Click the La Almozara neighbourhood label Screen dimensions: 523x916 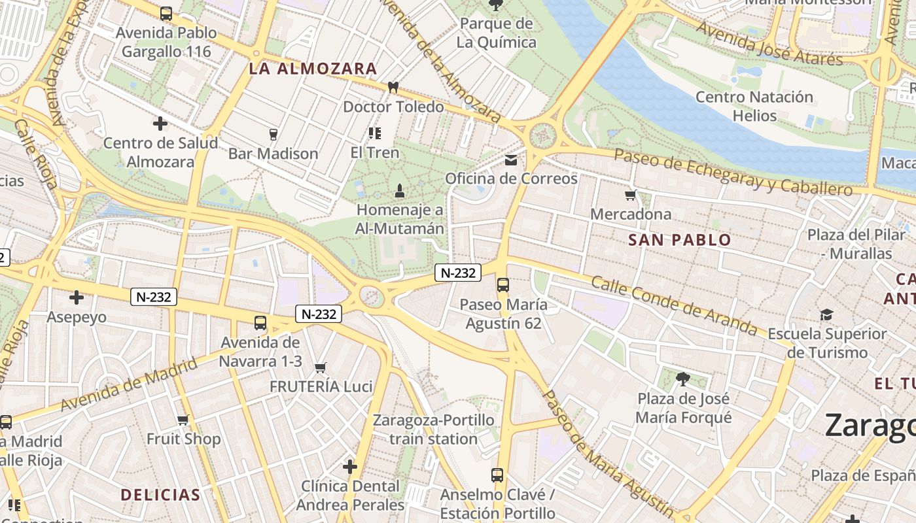point(313,69)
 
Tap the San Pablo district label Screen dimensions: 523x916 point(679,240)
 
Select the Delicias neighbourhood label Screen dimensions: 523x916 point(160,495)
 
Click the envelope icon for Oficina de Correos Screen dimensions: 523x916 point(511,160)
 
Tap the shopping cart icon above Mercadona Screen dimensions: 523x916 point(631,195)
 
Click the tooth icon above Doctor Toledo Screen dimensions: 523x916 point(393,88)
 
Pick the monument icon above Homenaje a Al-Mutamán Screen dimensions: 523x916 point(400,191)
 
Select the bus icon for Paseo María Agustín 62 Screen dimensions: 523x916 point(502,285)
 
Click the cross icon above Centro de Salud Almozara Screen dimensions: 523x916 point(160,124)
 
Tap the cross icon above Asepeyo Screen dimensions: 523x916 point(77,298)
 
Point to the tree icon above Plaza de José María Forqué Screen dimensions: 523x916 point(683,379)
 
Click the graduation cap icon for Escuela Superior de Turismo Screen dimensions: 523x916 point(826,315)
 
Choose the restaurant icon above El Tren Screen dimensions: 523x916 point(375,133)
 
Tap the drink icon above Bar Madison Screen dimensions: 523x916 point(273,135)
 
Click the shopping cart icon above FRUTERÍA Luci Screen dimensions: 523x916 point(321,368)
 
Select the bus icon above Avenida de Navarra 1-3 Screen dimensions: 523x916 point(260,323)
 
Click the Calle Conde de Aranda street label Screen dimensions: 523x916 point(673,305)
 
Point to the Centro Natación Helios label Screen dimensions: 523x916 point(754,107)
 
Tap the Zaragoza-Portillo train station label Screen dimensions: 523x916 point(433,430)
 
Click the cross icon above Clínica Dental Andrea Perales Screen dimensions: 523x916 point(350,467)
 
